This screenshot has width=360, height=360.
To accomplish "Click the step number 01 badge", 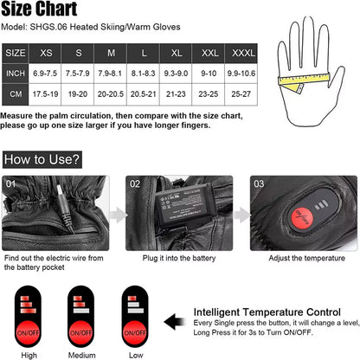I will (11, 183).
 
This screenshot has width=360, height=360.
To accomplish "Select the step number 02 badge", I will (135, 183).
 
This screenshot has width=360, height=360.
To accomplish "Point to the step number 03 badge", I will (259, 183).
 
